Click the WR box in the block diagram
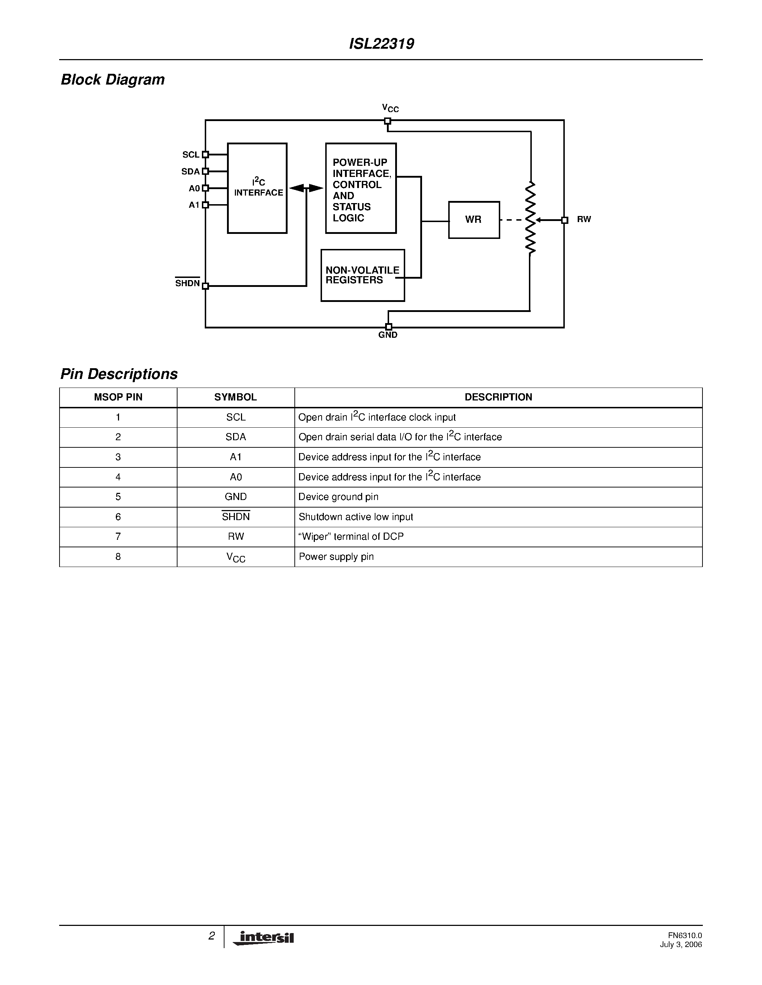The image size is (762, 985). [474, 220]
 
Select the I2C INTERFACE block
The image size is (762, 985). [257, 188]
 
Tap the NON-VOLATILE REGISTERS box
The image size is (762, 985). [363, 275]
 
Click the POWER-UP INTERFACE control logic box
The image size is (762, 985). [361, 188]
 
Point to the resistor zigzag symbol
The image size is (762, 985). [530, 218]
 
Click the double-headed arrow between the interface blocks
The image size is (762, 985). [306, 188]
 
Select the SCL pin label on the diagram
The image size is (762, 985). [190, 155]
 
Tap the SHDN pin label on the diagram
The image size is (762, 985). [187, 283]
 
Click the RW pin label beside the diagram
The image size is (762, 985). [584, 219]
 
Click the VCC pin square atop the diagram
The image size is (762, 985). [387, 121]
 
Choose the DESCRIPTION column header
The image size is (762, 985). [498, 397]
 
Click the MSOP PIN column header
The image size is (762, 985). [118, 397]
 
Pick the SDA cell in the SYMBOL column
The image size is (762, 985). [236, 437]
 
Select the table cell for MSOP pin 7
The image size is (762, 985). [118, 537]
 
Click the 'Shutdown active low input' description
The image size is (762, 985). [356, 517]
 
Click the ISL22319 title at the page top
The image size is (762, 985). [382, 44]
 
